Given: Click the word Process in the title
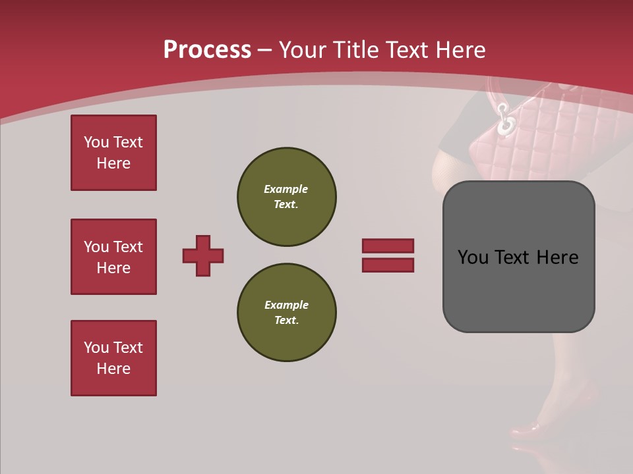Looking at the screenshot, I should click(207, 50).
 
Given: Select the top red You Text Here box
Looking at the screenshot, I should click(113, 153).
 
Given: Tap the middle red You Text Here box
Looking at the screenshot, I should click(113, 257).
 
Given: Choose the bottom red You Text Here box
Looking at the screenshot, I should click(113, 358).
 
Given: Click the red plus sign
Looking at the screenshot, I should click(203, 255).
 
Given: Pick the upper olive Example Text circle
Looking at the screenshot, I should click(286, 197).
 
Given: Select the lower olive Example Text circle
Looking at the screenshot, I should click(286, 313).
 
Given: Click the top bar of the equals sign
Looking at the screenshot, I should click(388, 246).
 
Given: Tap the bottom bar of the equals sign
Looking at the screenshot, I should click(388, 265).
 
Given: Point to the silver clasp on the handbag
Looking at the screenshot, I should click(506, 120).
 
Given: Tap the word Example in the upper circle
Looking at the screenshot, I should click(286, 189).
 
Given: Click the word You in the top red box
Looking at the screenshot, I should click(96, 142).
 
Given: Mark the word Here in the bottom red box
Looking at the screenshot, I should click(113, 369).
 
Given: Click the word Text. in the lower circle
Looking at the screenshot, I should click(286, 321).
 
